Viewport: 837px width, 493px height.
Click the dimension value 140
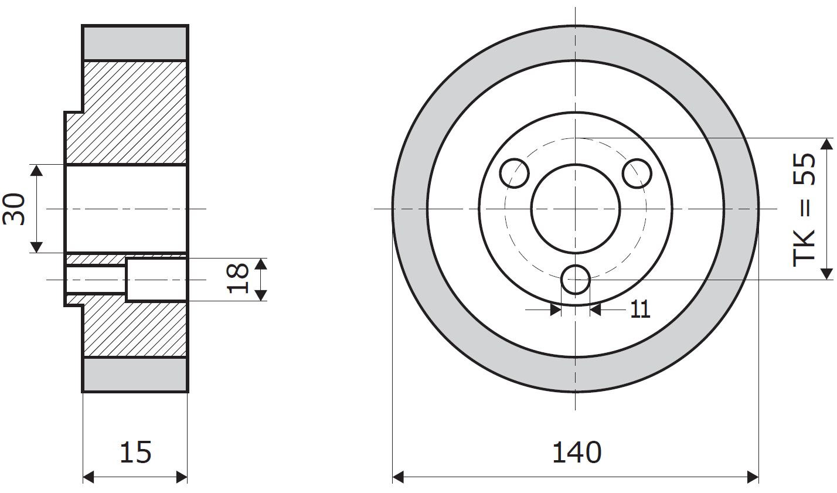click(x=577, y=452)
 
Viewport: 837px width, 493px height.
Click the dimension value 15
click(x=135, y=452)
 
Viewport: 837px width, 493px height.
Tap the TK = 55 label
click(x=804, y=209)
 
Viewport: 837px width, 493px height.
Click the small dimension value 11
click(x=641, y=309)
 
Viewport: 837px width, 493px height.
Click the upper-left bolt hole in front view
click(x=515, y=173)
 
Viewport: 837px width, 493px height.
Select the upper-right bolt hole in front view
click(x=637, y=173)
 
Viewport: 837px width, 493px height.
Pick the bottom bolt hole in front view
click(x=576, y=279)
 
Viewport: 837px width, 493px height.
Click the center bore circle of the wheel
click(x=576, y=208)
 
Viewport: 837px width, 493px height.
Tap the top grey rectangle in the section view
click(x=135, y=43)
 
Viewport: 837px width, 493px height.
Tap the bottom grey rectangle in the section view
click(x=135, y=375)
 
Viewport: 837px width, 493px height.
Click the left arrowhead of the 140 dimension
click(x=399, y=477)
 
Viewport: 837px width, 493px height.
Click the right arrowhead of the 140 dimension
click(x=753, y=477)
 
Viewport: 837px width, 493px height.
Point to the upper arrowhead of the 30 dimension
click(x=36, y=171)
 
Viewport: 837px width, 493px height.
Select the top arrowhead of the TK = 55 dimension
click(x=826, y=144)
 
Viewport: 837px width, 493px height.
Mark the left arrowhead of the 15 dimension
click(x=89, y=477)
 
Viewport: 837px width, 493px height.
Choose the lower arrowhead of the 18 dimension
click(x=261, y=295)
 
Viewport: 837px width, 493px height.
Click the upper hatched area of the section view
click(x=135, y=111)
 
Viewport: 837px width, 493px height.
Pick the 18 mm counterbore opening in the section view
click(x=156, y=279)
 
